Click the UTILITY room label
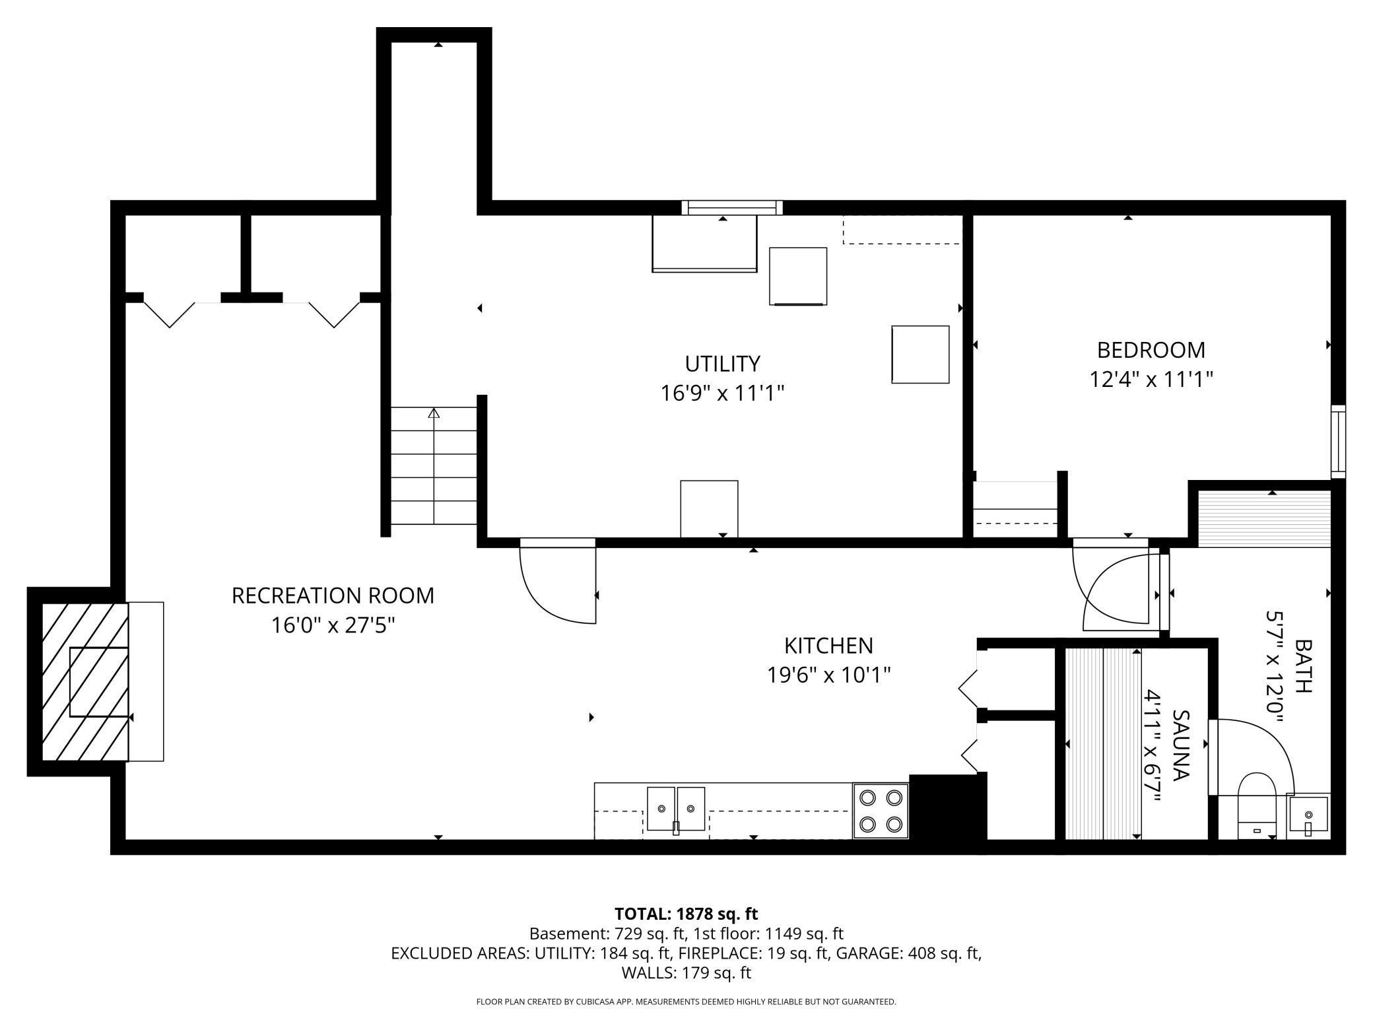pos(722,364)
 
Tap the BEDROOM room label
pos(1151,349)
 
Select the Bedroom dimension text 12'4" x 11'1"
pos(1151,380)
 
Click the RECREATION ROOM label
pos(333,596)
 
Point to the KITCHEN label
pos(828,645)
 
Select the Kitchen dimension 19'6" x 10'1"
pos(828,675)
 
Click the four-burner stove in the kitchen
pos(881,811)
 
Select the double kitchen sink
pos(675,809)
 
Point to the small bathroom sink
pos(1308,815)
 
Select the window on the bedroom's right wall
pos(1337,441)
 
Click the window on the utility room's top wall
pos(731,208)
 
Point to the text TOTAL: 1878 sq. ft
pos(686,914)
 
